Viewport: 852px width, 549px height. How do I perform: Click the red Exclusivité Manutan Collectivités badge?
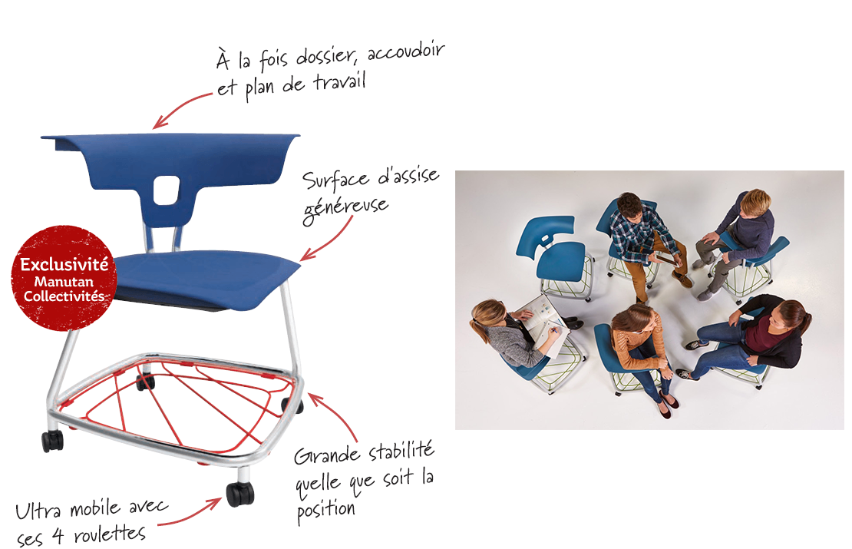(x=64, y=278)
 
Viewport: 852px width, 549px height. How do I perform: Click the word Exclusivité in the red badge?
(x=64, y=265)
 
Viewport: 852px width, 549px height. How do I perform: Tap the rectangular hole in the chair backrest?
(x=166, y=190)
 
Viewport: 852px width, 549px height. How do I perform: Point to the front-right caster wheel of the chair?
(x=239, y=492)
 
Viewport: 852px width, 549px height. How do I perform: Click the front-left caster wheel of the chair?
(x=53, y=441)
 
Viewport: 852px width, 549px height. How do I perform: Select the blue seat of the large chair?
(x=206, y=278)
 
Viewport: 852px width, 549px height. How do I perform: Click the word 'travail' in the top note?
(x=339, y=84)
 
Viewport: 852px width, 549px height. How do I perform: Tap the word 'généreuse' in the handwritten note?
(x=345, y=208)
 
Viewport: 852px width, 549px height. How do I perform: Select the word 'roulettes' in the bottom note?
(x=110, y=534)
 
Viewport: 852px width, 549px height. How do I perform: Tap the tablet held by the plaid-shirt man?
(x=665, y=259)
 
